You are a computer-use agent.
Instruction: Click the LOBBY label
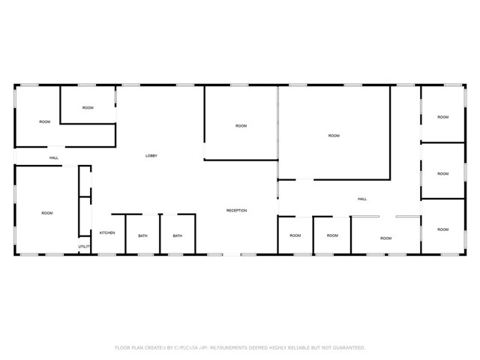click(x=151, y=155)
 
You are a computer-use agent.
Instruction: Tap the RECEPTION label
click(x=237, y=211)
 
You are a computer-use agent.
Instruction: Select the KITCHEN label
click(x=107, y=233)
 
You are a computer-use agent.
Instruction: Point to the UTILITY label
click(x=84, y=246)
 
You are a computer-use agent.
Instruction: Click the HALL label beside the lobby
click(x=54, y=157)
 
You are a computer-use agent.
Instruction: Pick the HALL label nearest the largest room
click(x=362, y=199)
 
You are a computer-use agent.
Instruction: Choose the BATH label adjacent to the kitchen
click(x=142, y=236)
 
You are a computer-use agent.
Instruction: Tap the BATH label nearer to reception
click(x=178, y=236)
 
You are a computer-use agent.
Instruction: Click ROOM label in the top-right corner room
click(x=443, y=117)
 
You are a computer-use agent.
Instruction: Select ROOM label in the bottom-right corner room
click(x=443, y=229)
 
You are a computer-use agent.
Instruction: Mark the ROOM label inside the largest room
click(x=334, y=136)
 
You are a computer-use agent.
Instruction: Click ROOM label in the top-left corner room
click(x=45, y=121)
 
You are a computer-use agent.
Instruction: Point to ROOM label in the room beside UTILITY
click(x=47, y=214)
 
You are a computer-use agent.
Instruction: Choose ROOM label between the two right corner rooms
click(x=443, y=174)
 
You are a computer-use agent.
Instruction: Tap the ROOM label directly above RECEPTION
click(x=241, y=126)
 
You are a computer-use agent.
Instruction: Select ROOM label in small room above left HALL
click(x=88, y=108)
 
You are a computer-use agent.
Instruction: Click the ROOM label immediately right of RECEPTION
click(x=295, y=235)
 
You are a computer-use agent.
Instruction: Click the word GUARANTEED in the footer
click(x=348, y=348)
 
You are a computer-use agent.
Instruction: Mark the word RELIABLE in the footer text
click(x=300, y=348)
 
